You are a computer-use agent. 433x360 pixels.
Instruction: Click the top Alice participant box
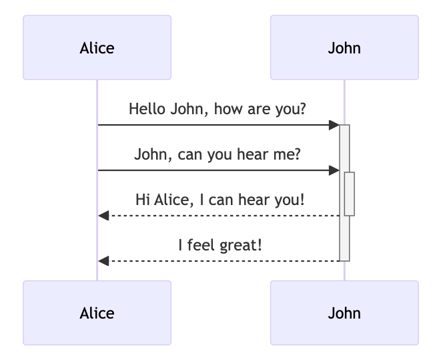97,48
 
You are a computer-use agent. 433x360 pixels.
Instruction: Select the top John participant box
344,48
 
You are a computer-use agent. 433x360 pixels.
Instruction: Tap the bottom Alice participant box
97,313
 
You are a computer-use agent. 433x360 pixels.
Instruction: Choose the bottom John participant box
344,313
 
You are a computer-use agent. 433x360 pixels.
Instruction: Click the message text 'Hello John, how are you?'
218,108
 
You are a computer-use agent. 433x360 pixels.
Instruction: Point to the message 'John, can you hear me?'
218,154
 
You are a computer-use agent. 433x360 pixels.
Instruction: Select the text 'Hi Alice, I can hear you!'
220,199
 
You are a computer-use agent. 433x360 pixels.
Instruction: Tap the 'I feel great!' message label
220,245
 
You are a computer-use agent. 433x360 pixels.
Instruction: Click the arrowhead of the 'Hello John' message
335,125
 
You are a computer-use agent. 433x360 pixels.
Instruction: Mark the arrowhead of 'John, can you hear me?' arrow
335,170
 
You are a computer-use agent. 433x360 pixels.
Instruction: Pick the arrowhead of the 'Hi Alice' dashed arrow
103,216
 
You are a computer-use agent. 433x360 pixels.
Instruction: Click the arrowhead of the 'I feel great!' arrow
103,260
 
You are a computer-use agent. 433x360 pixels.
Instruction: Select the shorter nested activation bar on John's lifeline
349,194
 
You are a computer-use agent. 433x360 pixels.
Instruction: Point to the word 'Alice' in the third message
171,199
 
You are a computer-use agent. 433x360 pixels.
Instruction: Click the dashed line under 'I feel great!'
220,260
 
